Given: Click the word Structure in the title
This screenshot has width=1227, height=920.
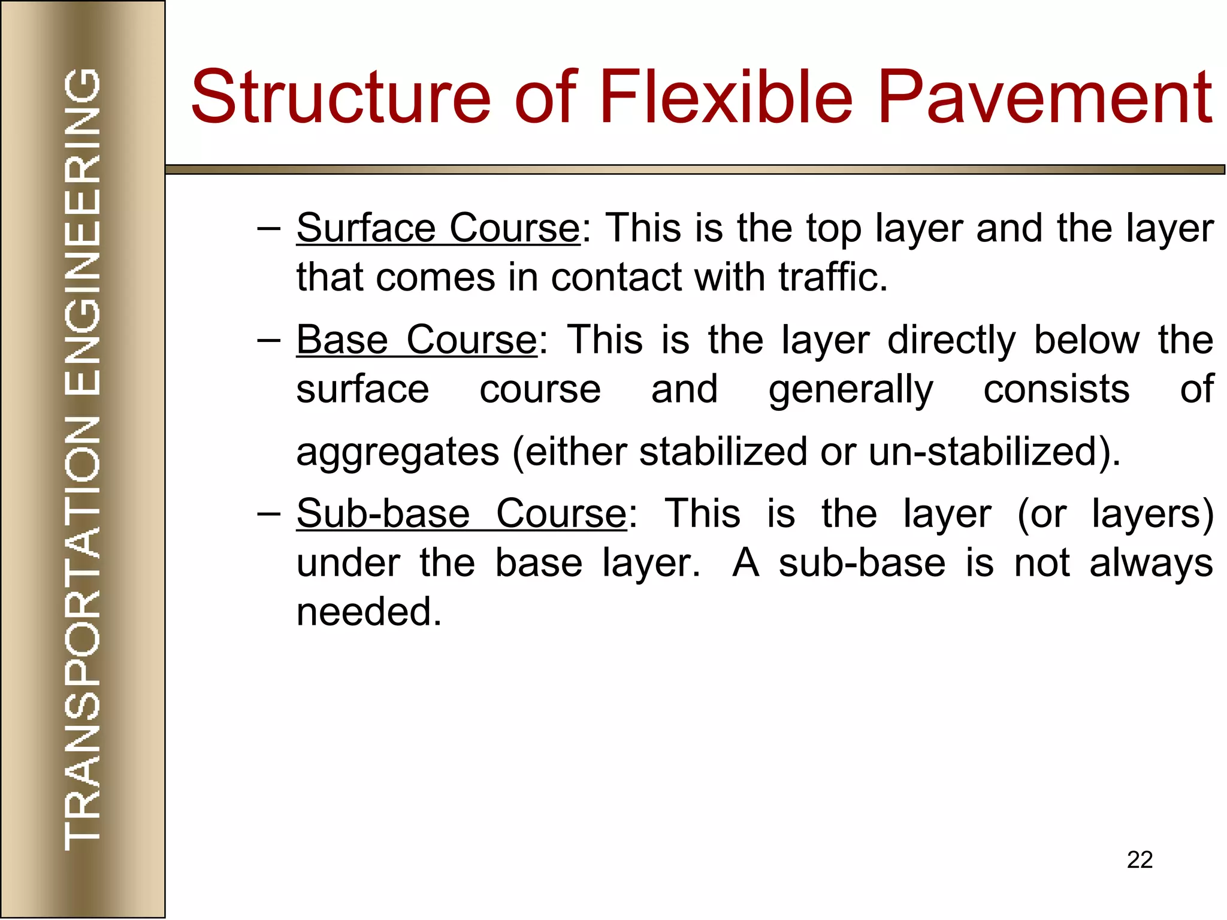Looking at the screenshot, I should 340,97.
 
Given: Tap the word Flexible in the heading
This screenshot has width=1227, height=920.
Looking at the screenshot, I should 726,97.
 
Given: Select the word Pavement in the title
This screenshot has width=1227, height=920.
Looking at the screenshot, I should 1045,97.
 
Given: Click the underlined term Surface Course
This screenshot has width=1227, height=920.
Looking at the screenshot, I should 438,228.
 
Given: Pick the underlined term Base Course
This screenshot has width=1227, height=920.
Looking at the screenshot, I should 417,340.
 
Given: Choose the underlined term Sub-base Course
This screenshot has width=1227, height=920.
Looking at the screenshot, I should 462,514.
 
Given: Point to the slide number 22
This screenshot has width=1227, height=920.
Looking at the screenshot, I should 1140,860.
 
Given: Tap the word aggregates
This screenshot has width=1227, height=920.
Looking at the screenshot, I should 398,452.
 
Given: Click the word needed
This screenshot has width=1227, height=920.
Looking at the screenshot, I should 369,612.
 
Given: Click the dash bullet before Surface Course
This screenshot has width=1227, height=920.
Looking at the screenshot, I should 268,229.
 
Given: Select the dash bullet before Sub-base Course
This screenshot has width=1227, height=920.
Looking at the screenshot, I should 268,515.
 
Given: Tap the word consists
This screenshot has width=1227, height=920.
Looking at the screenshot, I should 1056,389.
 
